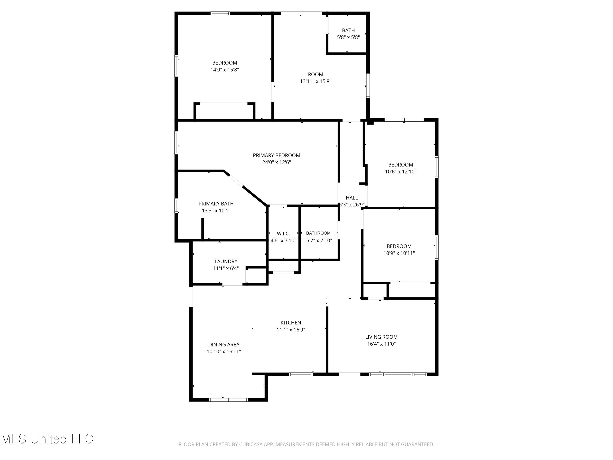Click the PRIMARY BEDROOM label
276,155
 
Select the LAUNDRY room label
226,261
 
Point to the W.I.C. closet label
283,233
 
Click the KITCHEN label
291,322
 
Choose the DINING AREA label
224,344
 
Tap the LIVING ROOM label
381,337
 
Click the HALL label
352,198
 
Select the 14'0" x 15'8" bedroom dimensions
225,70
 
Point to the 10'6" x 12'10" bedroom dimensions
400,172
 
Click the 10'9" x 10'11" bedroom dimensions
399,253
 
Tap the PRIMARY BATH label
216,203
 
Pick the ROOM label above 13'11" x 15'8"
315,74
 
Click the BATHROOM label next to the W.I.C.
318,233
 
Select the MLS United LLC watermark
47,439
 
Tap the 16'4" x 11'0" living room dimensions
381,344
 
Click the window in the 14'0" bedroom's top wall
220,13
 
